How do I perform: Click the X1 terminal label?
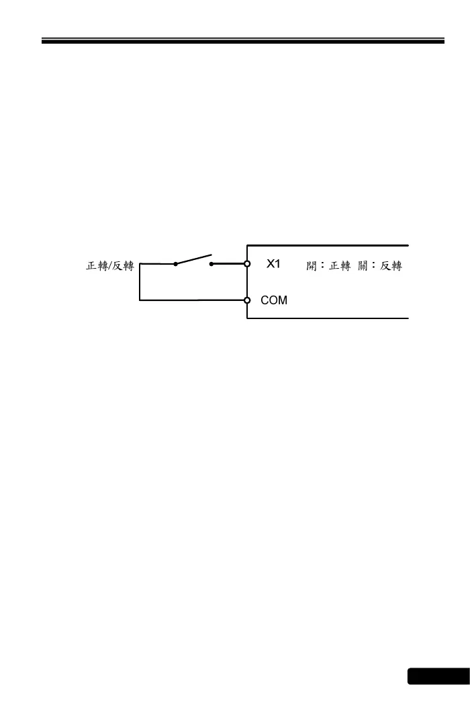click(273, 264)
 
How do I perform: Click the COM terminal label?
click(274, 300)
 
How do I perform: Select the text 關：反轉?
click(380, 265)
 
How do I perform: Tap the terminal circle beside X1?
click(247, 264)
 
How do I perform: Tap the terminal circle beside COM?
click(247, 300)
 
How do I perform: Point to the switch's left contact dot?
click(176, 264)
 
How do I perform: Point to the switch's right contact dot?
click(211, 264)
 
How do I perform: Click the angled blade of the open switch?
click(193, 259)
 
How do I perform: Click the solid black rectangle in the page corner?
click(438, 676)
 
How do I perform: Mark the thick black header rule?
click(243, 41)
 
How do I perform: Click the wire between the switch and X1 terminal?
click(228, 264)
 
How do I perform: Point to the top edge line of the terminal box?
click(328, 245)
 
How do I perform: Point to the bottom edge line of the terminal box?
click(328, 318)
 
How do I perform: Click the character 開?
click(311, 265)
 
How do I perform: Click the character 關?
click(364, 265)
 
